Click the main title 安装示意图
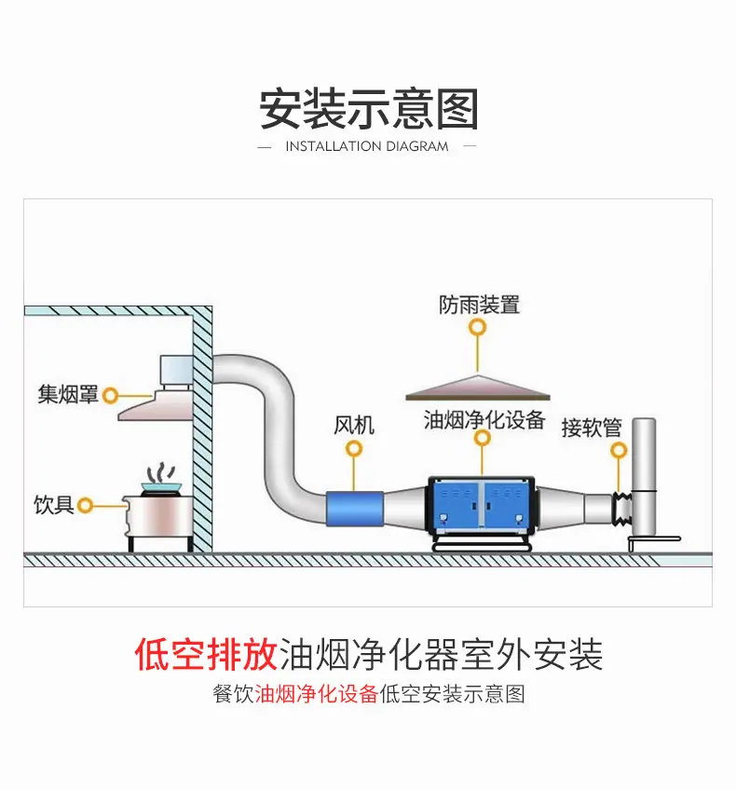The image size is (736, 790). point(368,109)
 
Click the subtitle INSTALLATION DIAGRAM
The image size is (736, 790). point(367,146)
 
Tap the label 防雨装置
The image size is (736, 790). point(479,305)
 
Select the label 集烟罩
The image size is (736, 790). point(68,394)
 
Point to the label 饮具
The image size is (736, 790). point(54,504)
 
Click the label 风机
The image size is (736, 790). point(354,425)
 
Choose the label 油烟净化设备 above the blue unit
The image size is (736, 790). point(484,419)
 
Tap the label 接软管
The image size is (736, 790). point(592,429)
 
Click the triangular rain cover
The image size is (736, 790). point(478,388)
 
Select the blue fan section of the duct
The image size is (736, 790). point(355,509)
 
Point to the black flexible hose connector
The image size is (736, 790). point(622,510)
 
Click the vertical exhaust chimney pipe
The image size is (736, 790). point(644,478)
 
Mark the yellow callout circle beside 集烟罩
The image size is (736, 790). point(110,396)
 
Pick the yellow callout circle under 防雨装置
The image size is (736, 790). point(478,328)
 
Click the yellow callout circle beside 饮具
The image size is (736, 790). point(85,505)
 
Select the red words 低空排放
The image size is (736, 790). point(206,654)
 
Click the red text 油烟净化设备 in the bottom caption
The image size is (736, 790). point(317,694)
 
